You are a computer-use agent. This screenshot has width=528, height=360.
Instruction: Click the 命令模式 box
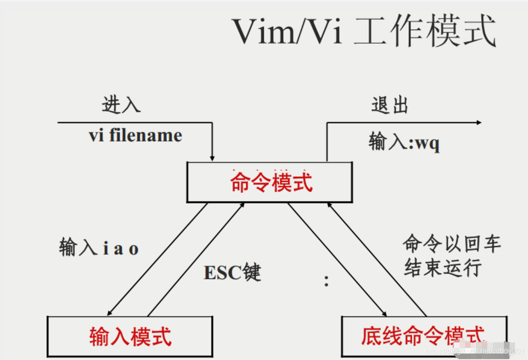click(x=271, y=182)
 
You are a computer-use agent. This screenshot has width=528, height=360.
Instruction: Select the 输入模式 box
click(x=130, y=336)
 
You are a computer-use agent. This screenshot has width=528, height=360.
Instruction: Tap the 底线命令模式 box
click(x=423, y=336)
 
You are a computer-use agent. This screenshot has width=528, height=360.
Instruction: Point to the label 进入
click(x=121, y=106)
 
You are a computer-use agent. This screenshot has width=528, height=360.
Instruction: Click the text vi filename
click(x=136, y=136)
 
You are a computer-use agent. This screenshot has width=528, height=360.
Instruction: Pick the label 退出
click(x=390, y=106)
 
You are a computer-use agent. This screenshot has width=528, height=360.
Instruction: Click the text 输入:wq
click(x=404, y=143)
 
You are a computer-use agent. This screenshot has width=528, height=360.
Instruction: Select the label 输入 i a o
click(x=99, y=248)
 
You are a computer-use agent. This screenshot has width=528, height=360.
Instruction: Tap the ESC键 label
click(x=232, y=273)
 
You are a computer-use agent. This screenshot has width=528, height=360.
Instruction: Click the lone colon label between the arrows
click(x=327, y=280)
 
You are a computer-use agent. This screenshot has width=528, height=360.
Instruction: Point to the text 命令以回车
click(x=452, y=244)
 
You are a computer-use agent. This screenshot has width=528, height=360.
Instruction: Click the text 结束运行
click(x=443, y=268)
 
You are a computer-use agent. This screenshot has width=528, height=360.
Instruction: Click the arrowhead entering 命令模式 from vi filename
click(x=212, y=158)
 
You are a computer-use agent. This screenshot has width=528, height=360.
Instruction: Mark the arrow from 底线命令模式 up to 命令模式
click(x=377, y=259)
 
